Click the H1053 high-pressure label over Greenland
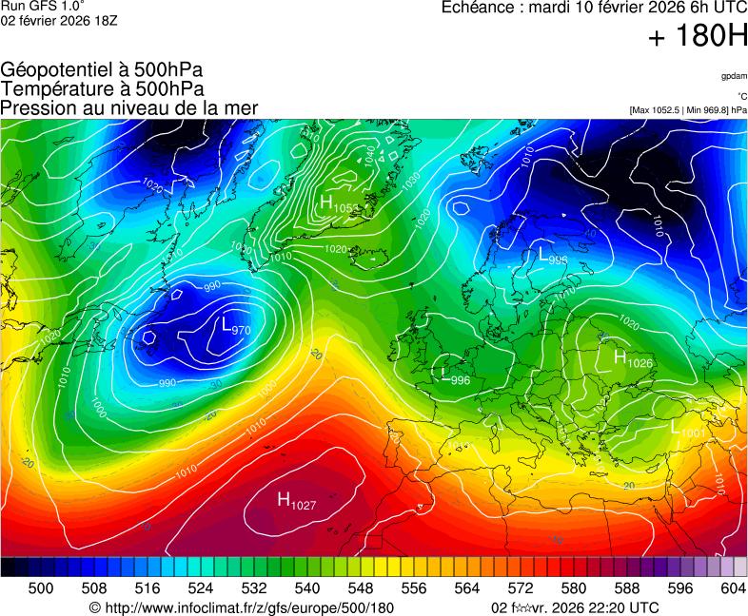pyautogui.click(x=338, y=204)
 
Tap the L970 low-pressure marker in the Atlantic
pyautogui.click(x=235, y=327)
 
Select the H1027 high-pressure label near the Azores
pyautogui.click(x=296, y=501)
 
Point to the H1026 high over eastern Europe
pyautogui.click(x=633, y=359)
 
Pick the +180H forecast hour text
pyautogui.click(x=698, y=37)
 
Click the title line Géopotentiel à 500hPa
pyautogui.click(x=102, y=70)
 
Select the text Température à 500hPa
pyautogui.click(x=102, y=88)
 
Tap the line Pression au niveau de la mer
pyautogui.click(x=129, y=107)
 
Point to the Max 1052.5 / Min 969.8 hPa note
pyautogui.click(x=688, y=110)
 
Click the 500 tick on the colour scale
pyautogui.click(x=41, y=588)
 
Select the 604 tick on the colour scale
pyautogui.click(x=733, y=588)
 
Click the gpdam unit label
pyautogui.click(x=733, y=76)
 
